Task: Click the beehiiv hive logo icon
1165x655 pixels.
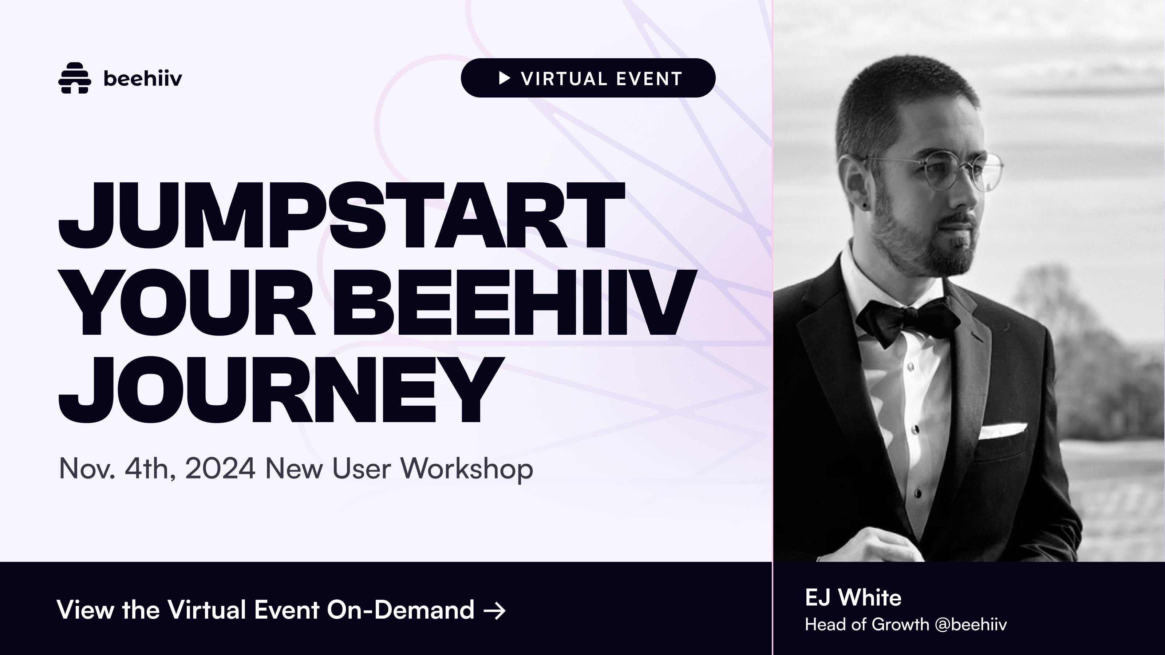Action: (x=75, y=78)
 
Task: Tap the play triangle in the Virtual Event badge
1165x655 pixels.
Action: (x=505, y=78)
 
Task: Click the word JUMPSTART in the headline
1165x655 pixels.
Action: (x=341, y=216)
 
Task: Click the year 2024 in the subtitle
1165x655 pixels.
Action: (x=220, y=468)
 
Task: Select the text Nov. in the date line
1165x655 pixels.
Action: (x=87, y=468)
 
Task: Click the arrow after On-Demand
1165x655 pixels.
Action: (x=495, y=611)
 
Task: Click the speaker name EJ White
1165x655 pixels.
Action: (x=853, y=598)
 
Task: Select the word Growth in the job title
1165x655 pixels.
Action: (x=900, y=624)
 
